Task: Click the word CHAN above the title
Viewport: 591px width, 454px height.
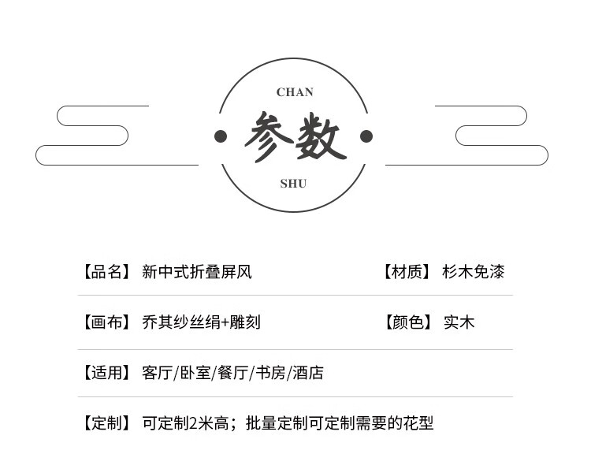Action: point(295,92)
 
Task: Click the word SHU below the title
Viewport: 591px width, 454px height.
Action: point(293,184)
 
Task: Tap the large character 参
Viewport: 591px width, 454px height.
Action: point(269,137)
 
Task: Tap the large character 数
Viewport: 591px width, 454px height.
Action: point(319,138)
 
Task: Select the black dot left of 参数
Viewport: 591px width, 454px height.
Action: point(221,136)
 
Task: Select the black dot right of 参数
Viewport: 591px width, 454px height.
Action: point(366,136)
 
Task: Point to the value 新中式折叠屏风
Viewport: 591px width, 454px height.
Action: point(197,273)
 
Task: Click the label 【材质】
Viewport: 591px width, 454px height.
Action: point(407,273)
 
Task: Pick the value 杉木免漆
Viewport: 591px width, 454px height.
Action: point(473,273)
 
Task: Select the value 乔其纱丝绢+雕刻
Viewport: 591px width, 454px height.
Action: point(201,322)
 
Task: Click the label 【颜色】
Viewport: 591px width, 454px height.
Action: point(407,322)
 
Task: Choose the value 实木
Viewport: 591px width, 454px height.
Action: point(459,322)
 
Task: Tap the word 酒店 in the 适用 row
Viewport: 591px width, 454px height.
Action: point(308,373)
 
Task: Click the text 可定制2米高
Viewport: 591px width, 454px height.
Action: point(186,423)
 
